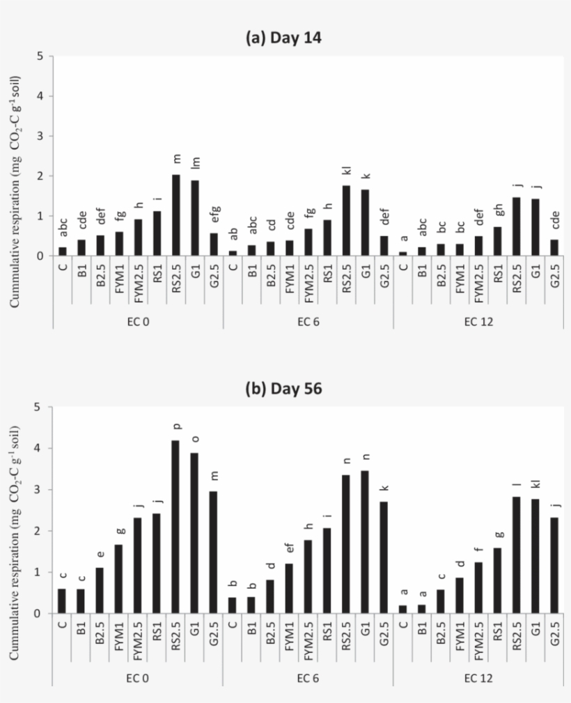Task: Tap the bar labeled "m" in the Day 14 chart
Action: pos(176,215)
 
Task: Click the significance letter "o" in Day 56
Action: pos(194,438)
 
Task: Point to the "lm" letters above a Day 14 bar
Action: pos(195,164)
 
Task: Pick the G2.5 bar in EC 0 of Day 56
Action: pos(214,553)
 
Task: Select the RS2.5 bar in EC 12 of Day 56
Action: pos(516,555)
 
